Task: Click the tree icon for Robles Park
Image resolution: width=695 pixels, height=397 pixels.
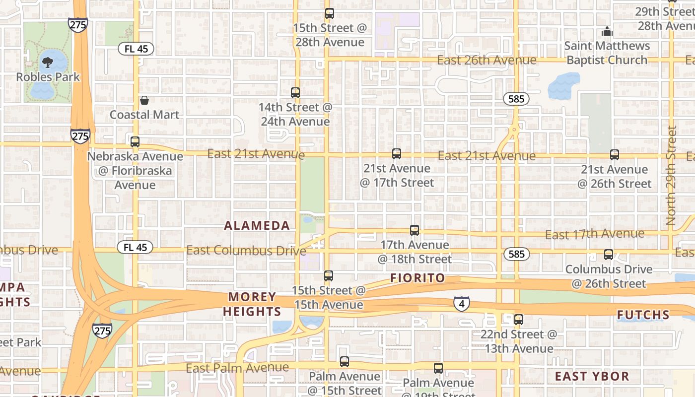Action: tap(48, 63)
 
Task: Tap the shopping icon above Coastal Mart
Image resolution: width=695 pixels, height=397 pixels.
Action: tap(144, 100)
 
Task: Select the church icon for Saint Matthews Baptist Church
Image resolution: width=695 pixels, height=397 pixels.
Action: tap(607, 32)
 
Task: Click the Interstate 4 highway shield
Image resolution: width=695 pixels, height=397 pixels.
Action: tap(462, 304)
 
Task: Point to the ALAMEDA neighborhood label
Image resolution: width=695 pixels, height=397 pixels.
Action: tap(257, 226)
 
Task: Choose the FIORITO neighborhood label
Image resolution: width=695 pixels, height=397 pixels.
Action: tap(417, 278)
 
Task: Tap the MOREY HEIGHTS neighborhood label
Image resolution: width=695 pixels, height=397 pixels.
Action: tap(252, 304)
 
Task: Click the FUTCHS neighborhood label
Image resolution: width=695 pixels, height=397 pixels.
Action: tap(643, 315)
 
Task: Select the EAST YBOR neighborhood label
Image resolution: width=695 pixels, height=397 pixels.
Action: tap(592, 376)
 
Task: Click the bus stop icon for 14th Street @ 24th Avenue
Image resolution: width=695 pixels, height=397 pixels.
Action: tap(295, 92)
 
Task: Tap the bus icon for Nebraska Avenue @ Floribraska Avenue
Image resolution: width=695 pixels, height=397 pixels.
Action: tap(135, 142)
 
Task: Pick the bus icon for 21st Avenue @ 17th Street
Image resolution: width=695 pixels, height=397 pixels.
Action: tap(396, 154)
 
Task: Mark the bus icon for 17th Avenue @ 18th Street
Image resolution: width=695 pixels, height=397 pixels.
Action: tap(415, 230)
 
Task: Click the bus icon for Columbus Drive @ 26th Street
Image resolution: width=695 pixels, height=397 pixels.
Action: tap(609, 255)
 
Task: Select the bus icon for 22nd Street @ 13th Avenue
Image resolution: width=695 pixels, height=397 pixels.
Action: tap(519, 320)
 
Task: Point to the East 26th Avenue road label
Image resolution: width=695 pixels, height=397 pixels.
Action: tap(486, 60)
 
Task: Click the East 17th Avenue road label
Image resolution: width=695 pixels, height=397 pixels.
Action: tap(595, 234)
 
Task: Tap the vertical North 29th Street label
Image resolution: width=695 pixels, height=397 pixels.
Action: tap(672, 175)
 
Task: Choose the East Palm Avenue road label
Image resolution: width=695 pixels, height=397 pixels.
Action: tap(237, 368)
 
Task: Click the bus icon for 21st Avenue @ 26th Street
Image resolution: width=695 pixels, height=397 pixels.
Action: tap(615, 155)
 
